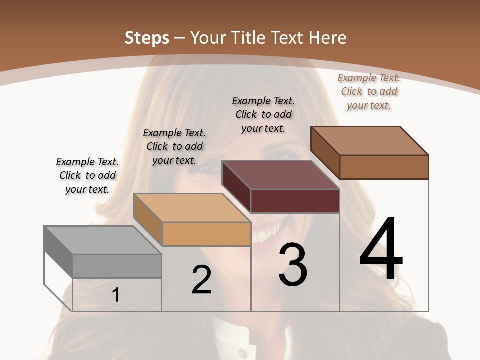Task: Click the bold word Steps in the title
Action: (x=147, y=38)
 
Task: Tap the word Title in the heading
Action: (x=249, y=38)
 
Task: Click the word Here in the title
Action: (x=327, y=38)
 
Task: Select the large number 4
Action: (x=381, y=249)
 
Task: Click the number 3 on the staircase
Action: (x=293, y=265)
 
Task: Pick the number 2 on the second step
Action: (x=201, y=280)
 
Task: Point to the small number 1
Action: (x=116, y=295)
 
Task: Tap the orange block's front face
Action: (x=207, y=234)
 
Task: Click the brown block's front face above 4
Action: (x=384, y=167)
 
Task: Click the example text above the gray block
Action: (x=87, y=175)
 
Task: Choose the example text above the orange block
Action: (x=174, y=146)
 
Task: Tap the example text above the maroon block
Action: (x=263, y=114)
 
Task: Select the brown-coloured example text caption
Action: (x=369, y=91)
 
